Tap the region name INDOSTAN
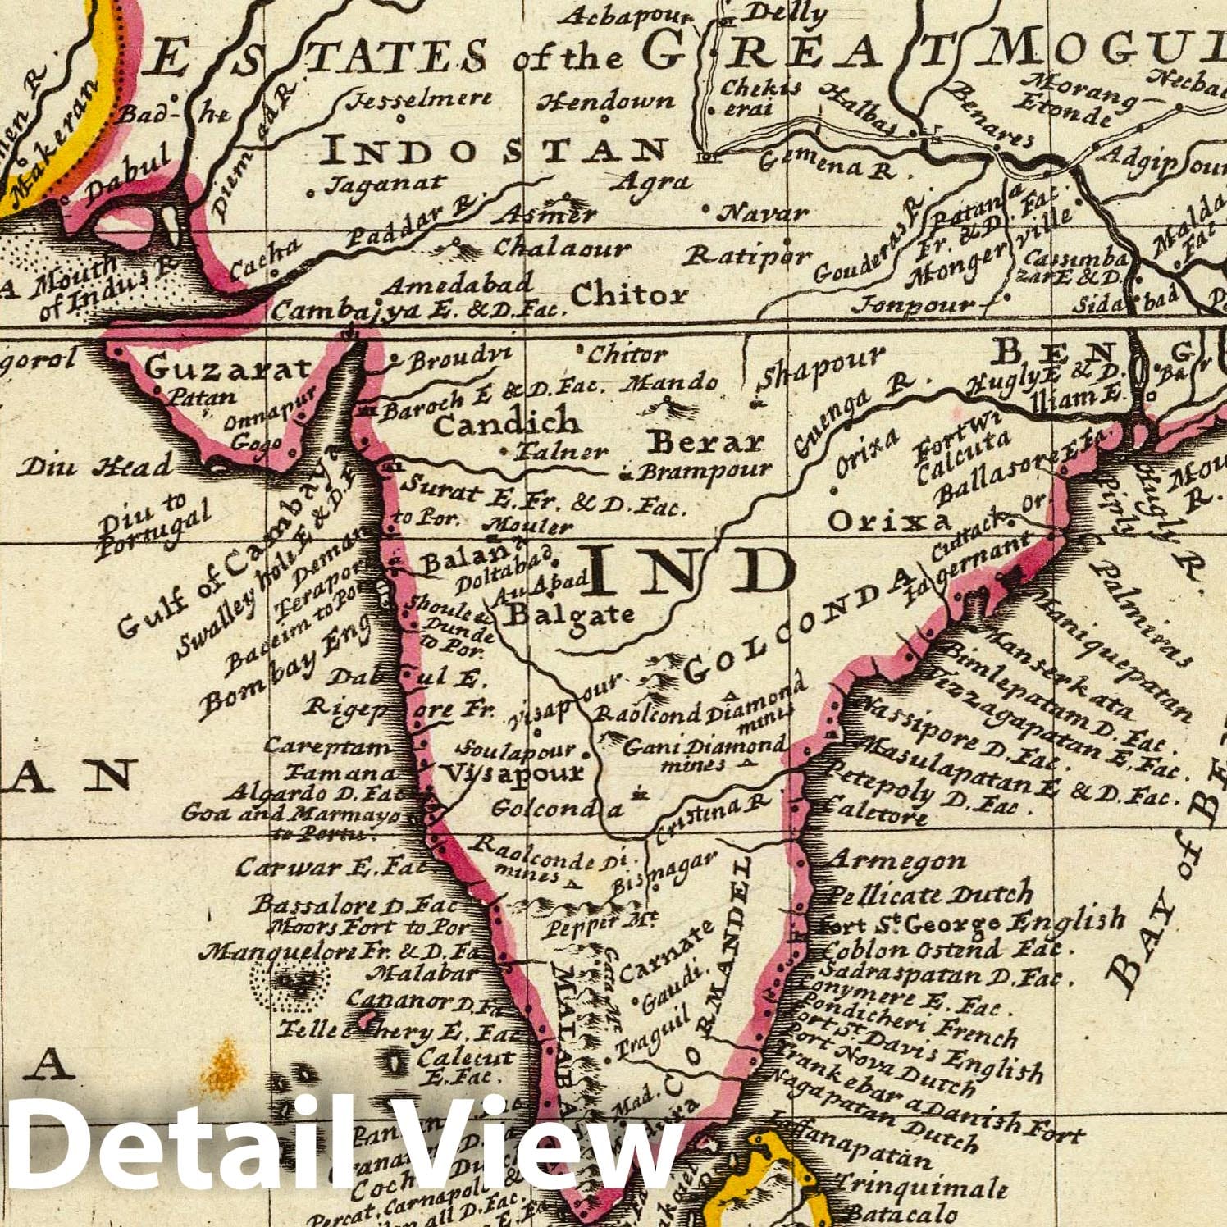point(495,150)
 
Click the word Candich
point(505,423)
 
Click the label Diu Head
point(96,467)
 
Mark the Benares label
point(990,125)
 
